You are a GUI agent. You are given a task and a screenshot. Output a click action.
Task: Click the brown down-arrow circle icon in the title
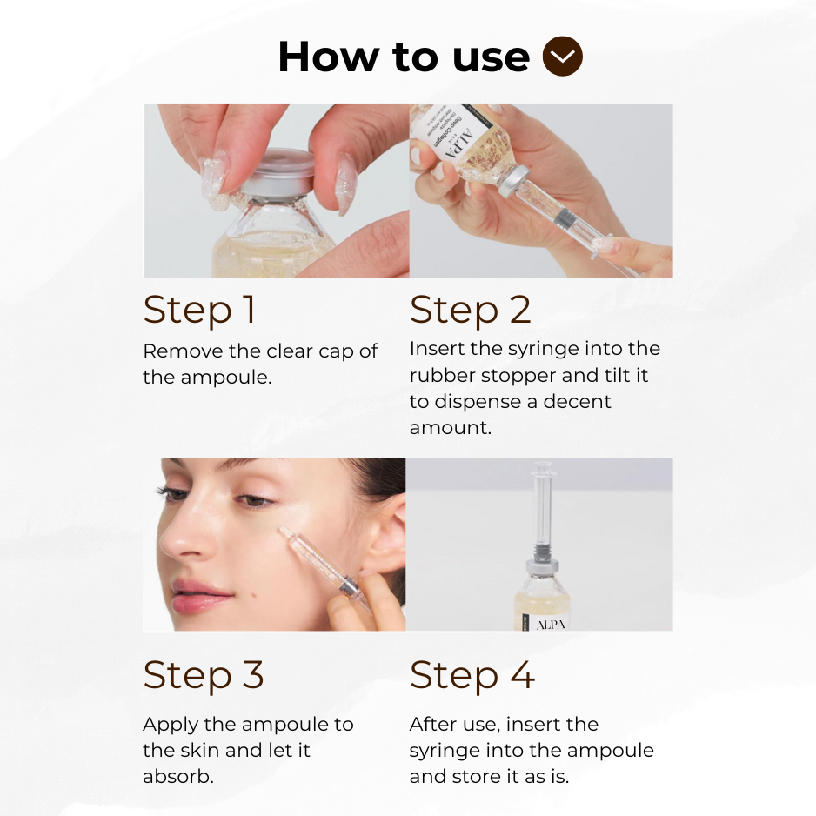point(562,57)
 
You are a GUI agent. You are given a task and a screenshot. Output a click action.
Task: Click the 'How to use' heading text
point(404,57)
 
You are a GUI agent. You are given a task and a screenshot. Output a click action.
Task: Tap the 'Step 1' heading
point(199,310)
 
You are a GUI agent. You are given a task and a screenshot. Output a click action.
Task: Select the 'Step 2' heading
point(470,310)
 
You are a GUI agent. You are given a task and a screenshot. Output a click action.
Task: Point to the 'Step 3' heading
point(204,674)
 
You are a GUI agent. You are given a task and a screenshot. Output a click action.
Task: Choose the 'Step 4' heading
point(472,674)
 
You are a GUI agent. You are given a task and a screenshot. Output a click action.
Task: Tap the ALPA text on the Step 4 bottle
point(549,624)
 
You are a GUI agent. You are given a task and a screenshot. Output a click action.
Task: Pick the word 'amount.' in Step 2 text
point(450,427)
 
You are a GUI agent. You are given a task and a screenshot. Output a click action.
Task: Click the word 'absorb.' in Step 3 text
point(177,776)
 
